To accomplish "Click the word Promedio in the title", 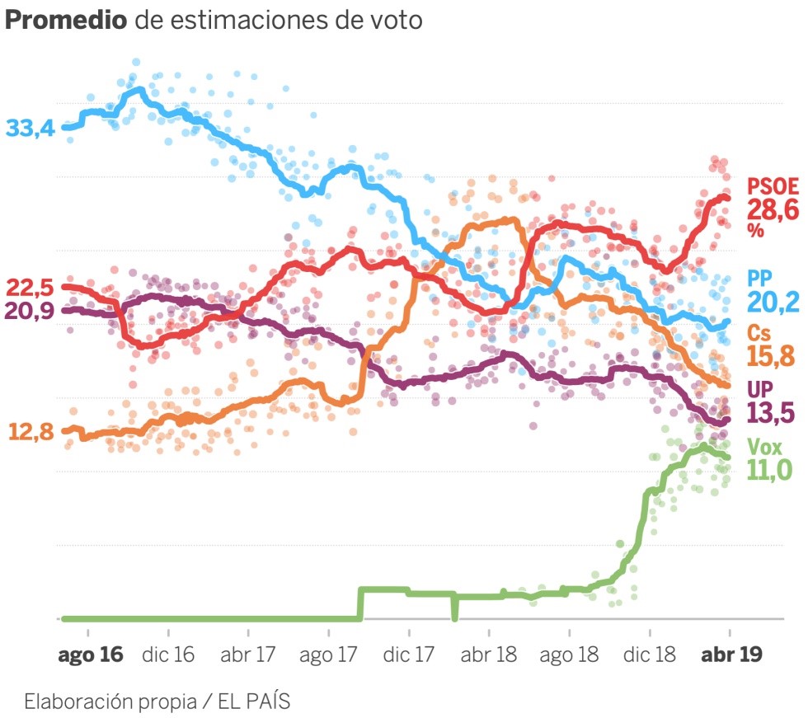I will [x=66, y=21].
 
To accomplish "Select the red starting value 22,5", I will [x=30, y=289].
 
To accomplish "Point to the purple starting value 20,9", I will [x=30, y=312].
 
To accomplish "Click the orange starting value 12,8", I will [x=31, y=431].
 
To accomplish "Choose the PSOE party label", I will [x=773, y=186].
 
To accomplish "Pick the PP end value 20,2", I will [x=773, y=303].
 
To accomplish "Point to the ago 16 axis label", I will [x=90, y=655].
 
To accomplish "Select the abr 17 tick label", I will [x=248, y=655].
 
